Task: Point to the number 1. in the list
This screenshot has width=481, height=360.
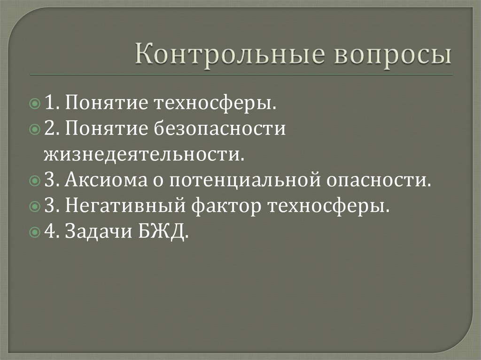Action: coord(52,103)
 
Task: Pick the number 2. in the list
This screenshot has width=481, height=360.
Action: coord(52,128)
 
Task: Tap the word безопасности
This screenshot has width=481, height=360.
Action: coord(218,128)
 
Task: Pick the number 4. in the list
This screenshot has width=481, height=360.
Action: coord(52,231)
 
